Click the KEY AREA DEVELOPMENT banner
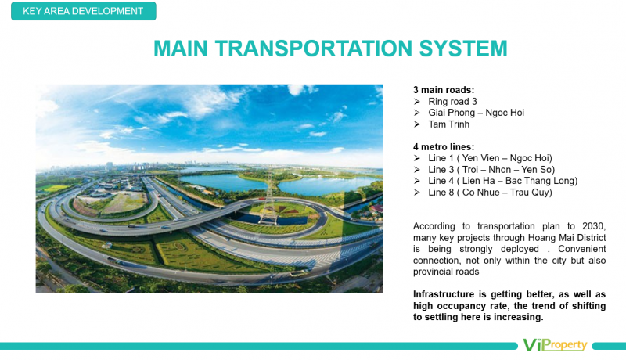(84, 11)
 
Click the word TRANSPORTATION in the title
(314, 49)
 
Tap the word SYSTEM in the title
(463, 49)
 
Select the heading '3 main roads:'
(444, 90)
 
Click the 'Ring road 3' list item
(452, 102)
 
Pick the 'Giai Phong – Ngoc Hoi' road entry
(476, 113)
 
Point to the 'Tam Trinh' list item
(448, 124)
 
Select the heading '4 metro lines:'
(444, 147)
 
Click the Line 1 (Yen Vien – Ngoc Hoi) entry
(491, 158)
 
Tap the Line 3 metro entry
(491, 170)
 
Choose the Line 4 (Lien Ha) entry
(503, 181)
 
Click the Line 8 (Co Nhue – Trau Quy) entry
(491, 193)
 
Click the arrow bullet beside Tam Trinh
(417, 124)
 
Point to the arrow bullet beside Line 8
(417, 193)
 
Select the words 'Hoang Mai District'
(567, 238)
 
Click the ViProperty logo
(555, 345)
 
